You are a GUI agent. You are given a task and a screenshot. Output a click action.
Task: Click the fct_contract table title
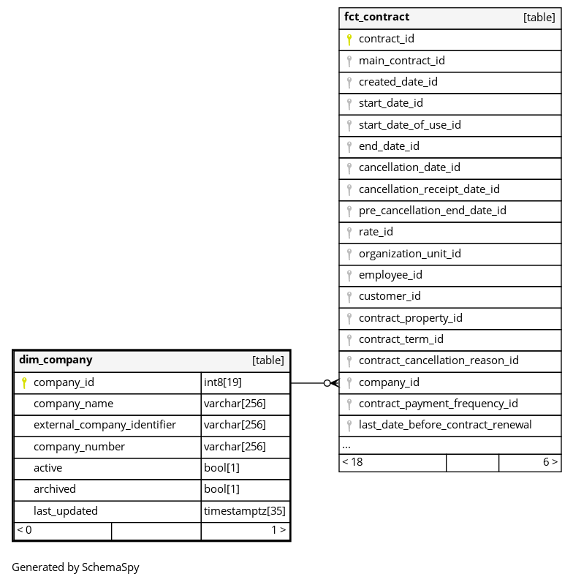click(x=376, y=17)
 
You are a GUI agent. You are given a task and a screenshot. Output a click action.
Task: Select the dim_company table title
click(x=56, y=360)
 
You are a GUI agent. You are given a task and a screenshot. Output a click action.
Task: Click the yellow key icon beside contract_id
click(x=349, y=39)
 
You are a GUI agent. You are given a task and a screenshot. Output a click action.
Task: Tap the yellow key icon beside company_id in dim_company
click(x=24, y=382)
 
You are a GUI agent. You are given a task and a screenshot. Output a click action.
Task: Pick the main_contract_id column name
click(x=401, y=61)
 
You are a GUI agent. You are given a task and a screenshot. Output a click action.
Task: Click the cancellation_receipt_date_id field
click(x=429, y=189)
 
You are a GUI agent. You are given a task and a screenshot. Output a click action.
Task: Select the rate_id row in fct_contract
click(x=376, y=232)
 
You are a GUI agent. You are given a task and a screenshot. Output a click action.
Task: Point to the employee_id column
click(x=390, y=275)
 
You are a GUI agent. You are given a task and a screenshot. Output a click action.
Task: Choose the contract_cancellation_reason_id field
click(x=439, y=360)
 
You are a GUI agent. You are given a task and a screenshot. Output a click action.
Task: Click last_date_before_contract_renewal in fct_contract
click(x=444, y=425)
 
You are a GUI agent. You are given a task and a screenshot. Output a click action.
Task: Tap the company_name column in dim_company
click(x=73, y=404)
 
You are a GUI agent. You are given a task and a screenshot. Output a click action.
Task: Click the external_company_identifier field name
click(x=105, y=425)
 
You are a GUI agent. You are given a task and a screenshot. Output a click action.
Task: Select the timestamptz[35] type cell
click(x=245, y=511)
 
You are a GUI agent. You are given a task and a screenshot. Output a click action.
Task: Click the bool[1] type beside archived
click(x=221, y=489)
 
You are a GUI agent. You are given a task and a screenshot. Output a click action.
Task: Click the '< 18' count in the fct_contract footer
click(x=352, y=462)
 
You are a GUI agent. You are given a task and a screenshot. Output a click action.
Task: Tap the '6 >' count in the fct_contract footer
click(x=550, y=462)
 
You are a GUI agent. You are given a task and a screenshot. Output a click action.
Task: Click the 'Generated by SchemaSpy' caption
click(x=75, y=567)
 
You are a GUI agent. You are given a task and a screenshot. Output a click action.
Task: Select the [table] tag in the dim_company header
click(x=268, y=360)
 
